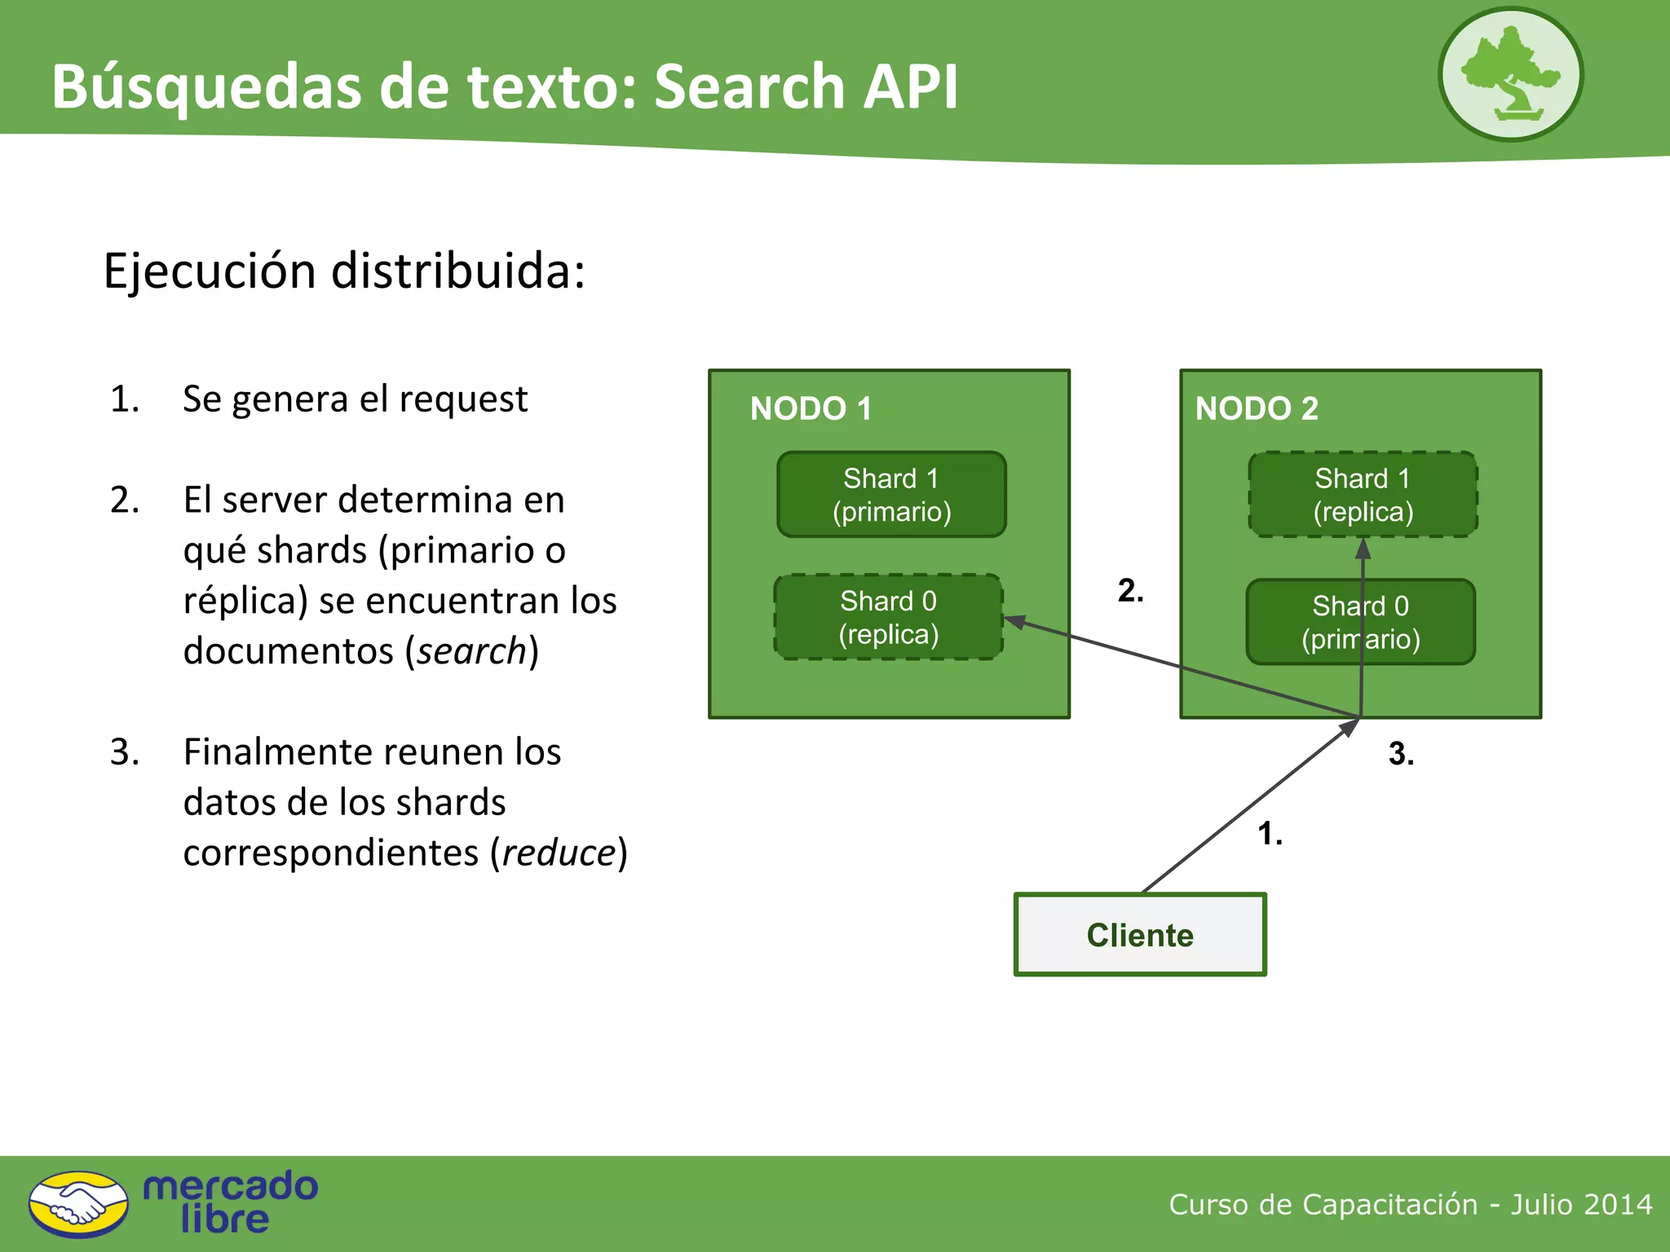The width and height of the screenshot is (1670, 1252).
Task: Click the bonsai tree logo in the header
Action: [1510, 74]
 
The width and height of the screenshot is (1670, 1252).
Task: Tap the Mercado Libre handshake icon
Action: [78, 1204]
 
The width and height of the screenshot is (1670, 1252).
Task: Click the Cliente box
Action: [1140, 934]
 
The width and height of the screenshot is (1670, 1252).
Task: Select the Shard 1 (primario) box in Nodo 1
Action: [891, 495]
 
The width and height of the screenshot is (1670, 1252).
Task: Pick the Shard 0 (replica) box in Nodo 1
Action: [888, 617]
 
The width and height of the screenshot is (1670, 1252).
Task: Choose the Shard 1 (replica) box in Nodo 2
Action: [1363, 495]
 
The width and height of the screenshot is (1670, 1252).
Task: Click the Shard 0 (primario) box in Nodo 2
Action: [1360, 622]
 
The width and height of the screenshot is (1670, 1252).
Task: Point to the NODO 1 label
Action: [811, 408]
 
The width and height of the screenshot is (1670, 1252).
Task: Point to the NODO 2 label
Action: [1256, 408]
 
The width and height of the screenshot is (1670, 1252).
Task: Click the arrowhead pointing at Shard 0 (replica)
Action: [1014, 622]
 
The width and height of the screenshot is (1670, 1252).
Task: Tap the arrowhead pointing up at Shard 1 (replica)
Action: [1363, 549]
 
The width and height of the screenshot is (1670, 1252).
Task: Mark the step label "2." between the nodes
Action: [1130, 590]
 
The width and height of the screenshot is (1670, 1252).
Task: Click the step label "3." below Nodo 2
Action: [1401, 753]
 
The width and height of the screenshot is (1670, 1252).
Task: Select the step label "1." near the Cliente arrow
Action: [1270, 833]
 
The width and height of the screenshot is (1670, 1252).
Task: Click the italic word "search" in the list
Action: [471, 650]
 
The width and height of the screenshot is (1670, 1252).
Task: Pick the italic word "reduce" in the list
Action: [559, 853]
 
